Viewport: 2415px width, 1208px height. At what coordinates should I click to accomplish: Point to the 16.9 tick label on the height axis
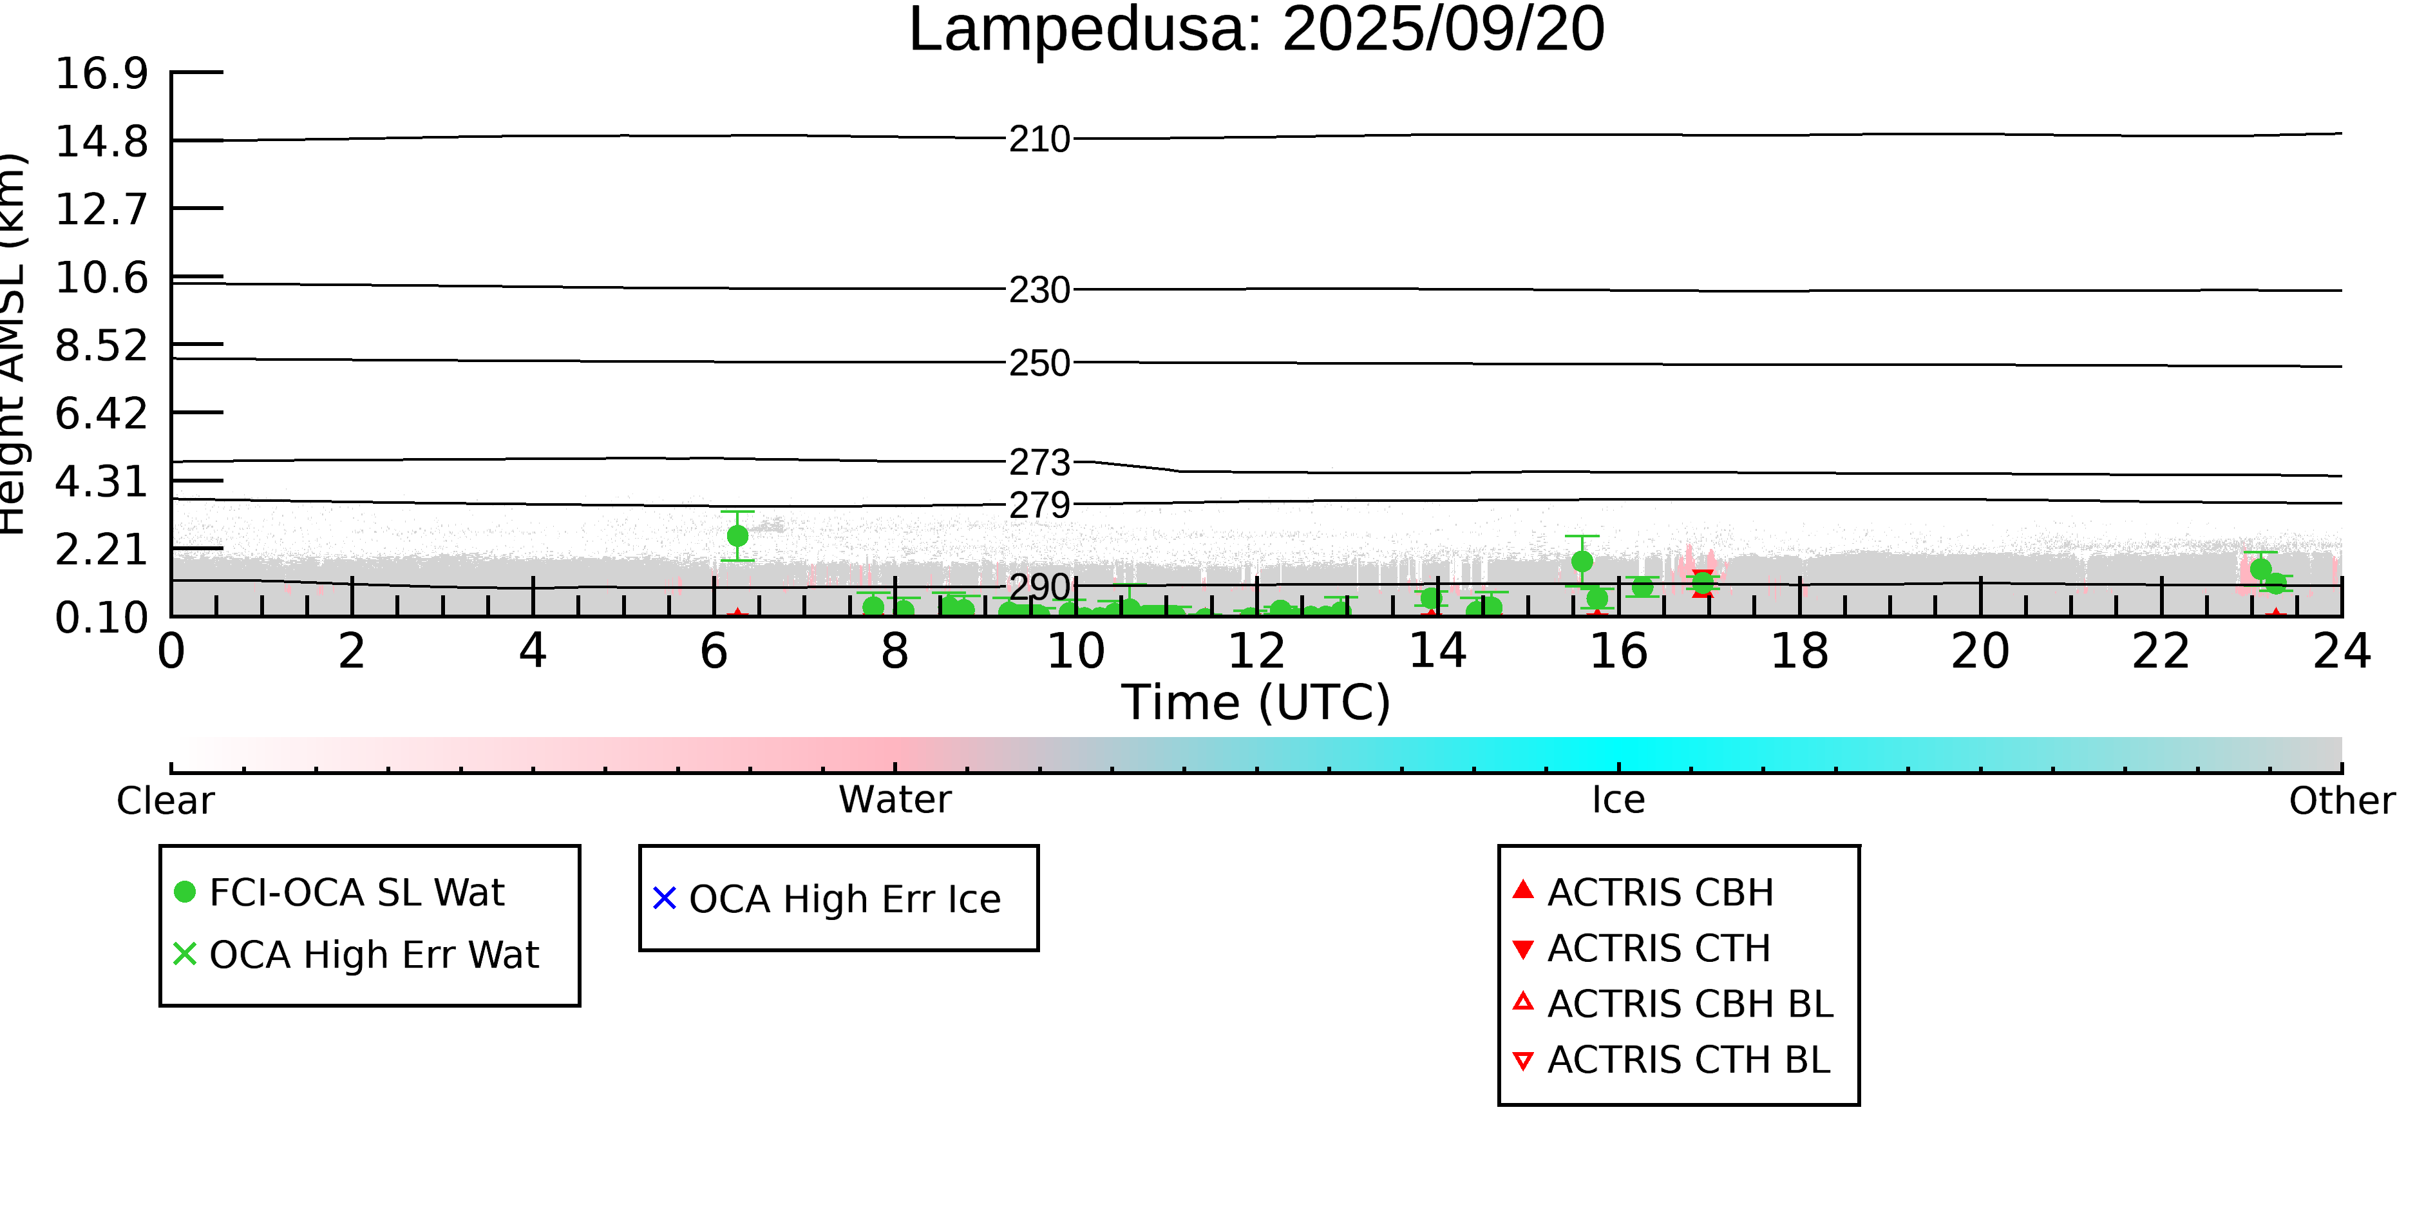101,74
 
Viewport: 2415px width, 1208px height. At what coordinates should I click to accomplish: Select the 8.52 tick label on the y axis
101,346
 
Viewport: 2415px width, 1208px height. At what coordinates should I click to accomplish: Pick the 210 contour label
1039,140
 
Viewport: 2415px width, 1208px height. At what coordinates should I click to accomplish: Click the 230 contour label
1039,291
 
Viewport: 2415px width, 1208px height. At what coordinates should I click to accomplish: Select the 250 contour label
1039,364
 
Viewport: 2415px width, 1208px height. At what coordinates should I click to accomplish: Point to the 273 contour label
1039,463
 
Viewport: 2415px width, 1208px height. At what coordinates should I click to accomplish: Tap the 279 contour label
1039,506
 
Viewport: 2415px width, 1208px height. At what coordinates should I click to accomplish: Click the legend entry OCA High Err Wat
373,955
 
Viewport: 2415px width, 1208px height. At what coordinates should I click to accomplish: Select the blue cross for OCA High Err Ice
664,899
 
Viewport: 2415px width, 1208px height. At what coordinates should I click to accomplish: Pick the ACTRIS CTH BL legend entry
1687,1060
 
